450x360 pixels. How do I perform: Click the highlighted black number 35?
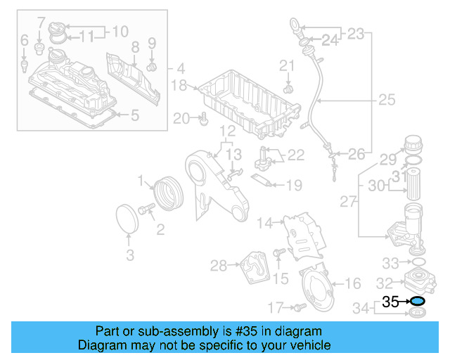click(x=390, y=302)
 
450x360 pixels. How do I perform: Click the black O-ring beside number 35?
click(x=417, y=301)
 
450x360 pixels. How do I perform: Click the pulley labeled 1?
click(x=167, y=193)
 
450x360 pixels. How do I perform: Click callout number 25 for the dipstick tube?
click(x=387, y=101)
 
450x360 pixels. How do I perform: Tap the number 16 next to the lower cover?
click(x=353, y=283)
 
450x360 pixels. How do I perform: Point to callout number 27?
click(x=347, y=202)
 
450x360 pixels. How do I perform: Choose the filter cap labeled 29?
click(x=413, y=146)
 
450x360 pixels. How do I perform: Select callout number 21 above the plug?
click(x=286, y=66)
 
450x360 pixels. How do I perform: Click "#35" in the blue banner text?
click(x=242, y=331)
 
